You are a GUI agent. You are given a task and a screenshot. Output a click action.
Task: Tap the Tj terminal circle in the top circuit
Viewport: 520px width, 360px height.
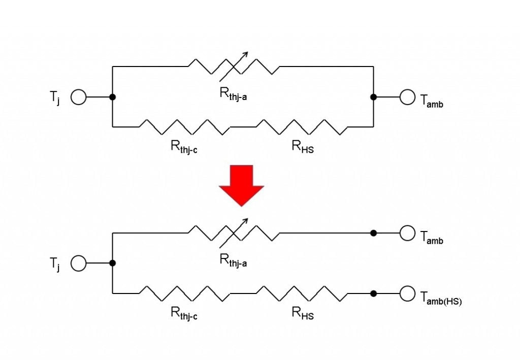coord(78,96)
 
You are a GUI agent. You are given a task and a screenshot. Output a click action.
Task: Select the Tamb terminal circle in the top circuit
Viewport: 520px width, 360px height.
coord(407,96)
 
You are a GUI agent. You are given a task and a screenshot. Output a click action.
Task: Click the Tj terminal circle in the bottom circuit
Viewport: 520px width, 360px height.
coord(78,263)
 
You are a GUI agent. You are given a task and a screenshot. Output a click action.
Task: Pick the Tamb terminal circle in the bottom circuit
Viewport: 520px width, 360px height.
coord(407,233)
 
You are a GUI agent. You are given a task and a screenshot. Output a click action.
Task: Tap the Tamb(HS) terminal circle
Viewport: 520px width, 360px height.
coord(407,293)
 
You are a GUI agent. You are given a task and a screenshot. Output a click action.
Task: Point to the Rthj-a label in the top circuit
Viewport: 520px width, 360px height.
coord(233,94)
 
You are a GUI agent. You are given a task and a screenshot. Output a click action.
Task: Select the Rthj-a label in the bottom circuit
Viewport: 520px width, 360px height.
coord(233,260)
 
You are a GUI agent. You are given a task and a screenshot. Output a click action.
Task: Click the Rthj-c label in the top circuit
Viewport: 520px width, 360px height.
coord(184,147)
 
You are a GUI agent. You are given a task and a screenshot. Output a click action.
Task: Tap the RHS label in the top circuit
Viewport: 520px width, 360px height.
coord(303,147)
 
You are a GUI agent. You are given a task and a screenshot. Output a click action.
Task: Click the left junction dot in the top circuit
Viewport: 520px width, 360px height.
coord(112,96)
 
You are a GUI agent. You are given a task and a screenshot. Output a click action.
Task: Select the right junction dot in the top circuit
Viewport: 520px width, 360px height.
coord(373,96)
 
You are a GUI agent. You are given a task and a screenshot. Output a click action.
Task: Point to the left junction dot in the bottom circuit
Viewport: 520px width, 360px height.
coord(112,263)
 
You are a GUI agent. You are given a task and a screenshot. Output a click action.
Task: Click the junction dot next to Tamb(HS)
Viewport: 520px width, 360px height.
coord(373,293)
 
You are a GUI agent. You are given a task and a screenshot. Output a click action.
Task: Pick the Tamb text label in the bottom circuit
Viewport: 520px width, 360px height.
coord(432,237)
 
